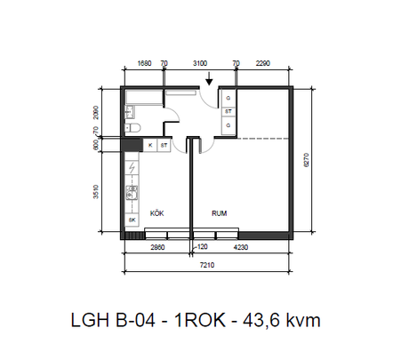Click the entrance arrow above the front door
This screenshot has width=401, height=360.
(x=208, y=81)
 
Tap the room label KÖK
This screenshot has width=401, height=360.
(x=157, y=213)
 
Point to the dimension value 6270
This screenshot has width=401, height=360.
(x=306, y=160)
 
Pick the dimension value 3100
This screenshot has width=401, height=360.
(x=201, y=64)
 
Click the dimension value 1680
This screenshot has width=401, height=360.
(x=144, y=64)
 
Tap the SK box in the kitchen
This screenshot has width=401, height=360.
(x=132, y=219)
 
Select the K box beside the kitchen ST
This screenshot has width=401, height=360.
(x=149, y=144)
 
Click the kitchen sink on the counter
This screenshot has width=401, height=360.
(x=132, y=191)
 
